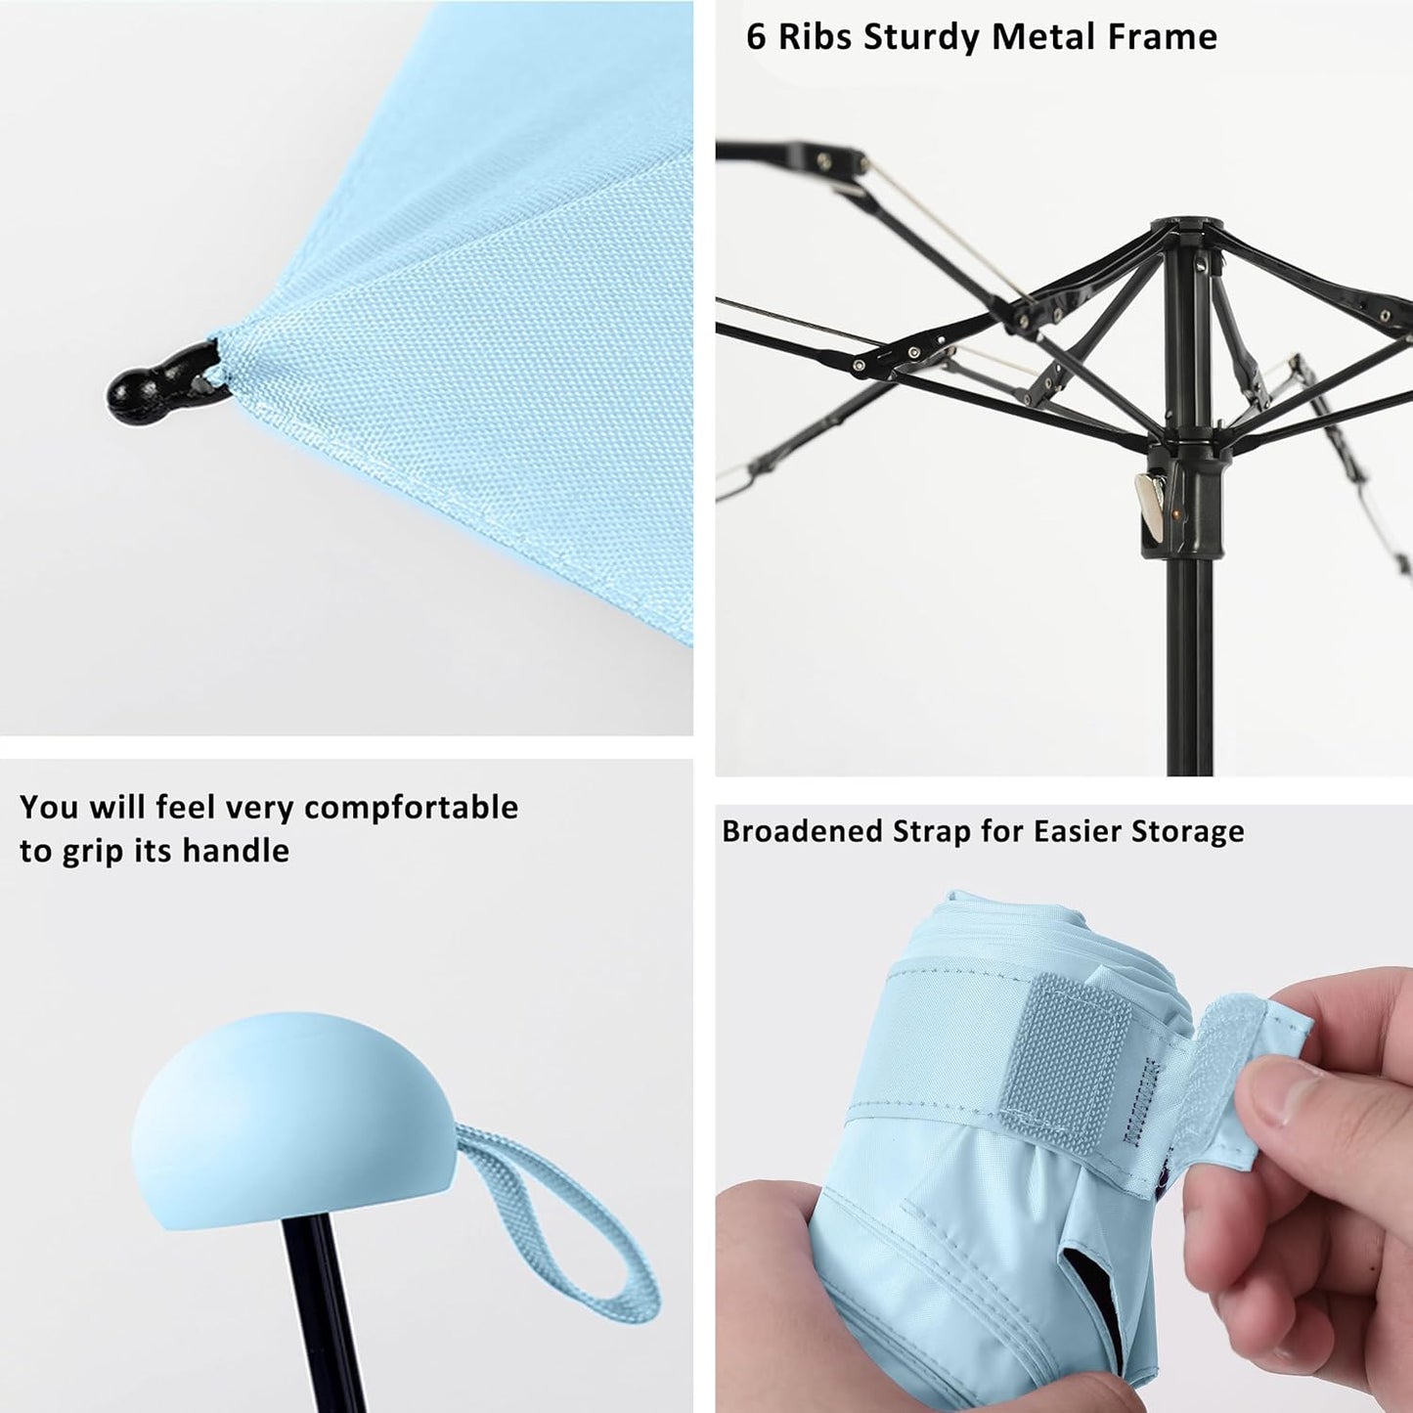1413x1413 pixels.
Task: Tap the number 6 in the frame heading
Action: [x=755, y=37]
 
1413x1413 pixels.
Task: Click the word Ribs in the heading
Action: [x=814, y=37]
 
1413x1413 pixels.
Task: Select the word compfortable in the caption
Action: [x=411, y=809]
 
